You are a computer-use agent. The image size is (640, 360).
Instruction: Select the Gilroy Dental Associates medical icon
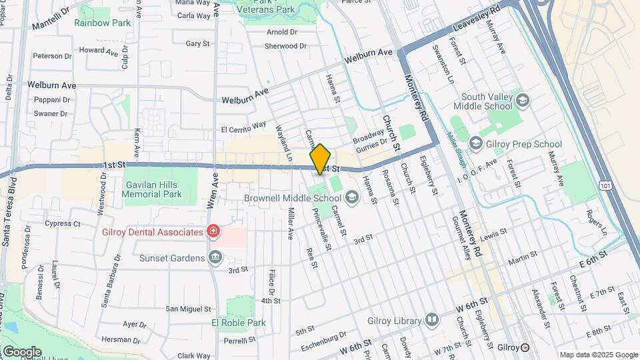[213, 232]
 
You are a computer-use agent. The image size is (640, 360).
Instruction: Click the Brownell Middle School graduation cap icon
[349, 197]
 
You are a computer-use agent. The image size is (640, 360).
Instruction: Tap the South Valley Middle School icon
[522, 101]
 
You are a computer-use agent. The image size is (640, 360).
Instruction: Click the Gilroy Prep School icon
[475, 143]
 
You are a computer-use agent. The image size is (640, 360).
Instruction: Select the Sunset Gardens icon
[215, 257]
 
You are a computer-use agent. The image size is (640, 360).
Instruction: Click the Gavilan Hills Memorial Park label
[153, 189]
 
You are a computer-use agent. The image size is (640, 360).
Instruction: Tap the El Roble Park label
[238, 323]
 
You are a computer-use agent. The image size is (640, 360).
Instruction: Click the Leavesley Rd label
[476, 19]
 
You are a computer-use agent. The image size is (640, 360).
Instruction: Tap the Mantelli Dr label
[51, 21]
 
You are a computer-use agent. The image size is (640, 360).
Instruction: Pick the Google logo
[22, 351]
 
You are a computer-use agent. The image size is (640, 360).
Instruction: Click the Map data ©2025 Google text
[598, 355]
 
